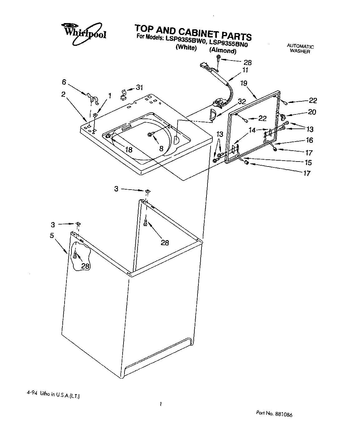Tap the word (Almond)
[222, 50]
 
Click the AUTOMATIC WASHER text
[300, 49]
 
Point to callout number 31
[139, 88]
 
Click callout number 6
[64, 82]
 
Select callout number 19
[244, 83]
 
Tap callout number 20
[312, 112]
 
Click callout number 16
[309, 140]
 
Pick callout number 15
[308, 162]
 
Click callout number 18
[128, 150]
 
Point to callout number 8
[161, 149]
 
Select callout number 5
[52, 236]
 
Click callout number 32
[241, 101]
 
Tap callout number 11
[245, 70]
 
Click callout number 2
[63, 94]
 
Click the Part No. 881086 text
[274, 414]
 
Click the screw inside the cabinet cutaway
[75, 255]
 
